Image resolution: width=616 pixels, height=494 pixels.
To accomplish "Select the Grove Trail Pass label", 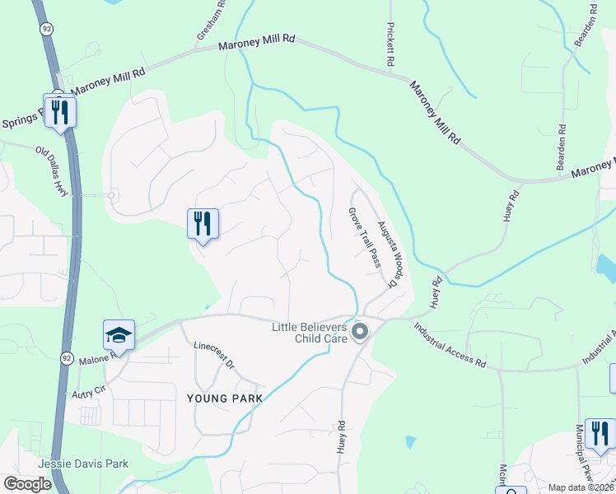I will tap(363, 238).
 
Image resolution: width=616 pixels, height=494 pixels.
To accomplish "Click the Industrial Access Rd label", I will tap(450, 343).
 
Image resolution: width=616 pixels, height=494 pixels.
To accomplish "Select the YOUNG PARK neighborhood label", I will tap(225, 398).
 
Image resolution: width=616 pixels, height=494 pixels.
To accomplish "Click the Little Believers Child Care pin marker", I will tap(359, 332).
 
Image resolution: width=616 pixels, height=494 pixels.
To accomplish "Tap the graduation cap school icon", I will tap(119, 336).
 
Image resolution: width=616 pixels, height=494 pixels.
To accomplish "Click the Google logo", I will tap(28, 484).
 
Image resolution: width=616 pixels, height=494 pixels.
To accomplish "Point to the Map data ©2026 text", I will tap(580, 487).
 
